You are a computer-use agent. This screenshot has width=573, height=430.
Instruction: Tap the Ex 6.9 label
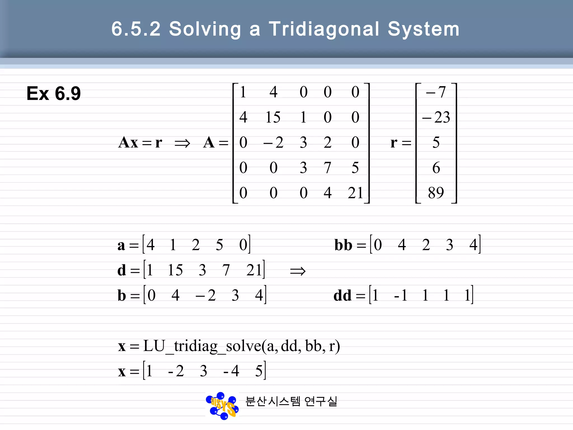coord(53,94)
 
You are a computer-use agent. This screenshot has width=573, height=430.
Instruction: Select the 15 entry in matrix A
coord(273,117)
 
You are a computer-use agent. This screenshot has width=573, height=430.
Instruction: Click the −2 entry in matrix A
coord(273,142)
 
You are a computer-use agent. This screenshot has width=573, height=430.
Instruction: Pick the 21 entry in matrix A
coord(355,193)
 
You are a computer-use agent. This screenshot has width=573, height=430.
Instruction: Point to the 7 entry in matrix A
coord(327,168)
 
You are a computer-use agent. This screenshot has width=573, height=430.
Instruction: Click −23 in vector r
coord(436,117)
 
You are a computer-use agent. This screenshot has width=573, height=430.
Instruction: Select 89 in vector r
coord(436,193)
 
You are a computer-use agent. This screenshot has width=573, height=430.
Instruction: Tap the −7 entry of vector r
coord(436,92)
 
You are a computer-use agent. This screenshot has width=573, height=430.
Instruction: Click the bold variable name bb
coord(343,245)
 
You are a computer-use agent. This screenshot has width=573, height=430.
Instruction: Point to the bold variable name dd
coord(342,296)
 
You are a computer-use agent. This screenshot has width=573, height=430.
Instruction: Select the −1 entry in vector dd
coord(401,295)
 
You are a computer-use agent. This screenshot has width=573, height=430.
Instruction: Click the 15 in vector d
coord(175,270)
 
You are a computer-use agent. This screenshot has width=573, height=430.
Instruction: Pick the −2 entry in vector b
coord(206,295)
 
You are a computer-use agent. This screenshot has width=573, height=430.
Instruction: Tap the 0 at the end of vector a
coord(243,245)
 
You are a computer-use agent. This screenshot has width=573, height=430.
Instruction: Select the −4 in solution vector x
coord(231,371)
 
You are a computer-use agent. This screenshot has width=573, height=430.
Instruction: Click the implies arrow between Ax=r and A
coord(182,143)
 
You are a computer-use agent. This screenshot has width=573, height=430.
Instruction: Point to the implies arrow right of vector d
coord(298,271)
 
